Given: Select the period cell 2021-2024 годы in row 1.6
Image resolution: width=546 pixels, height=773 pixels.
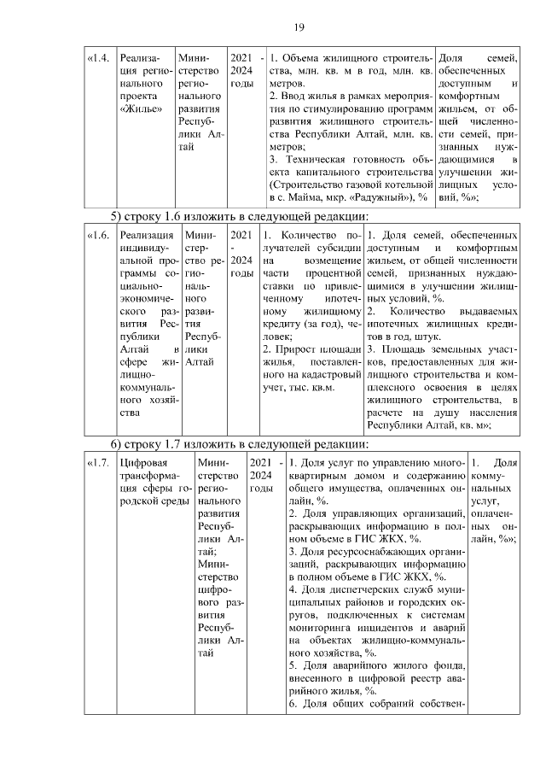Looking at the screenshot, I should (241, 254).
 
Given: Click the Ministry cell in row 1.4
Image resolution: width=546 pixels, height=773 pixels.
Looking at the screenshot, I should (201, 102).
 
